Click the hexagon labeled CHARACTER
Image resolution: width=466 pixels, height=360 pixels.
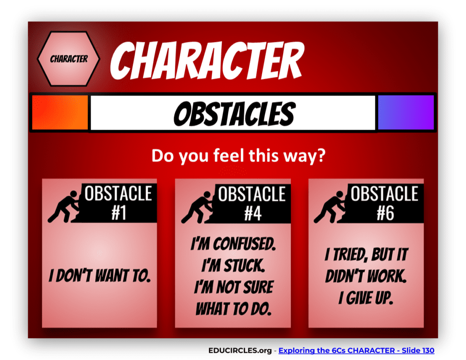point(69,59)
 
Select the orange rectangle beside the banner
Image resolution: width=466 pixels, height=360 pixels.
point(60,112)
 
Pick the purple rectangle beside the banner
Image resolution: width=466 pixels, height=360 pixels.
point(406,112)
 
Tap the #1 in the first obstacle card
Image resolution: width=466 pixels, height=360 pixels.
point(119,213)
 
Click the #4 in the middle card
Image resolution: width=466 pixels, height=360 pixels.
point(252,213)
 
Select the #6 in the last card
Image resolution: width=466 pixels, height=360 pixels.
point(385,213)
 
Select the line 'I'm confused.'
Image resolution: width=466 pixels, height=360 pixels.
point(233,245)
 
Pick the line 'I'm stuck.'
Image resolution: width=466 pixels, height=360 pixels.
point(233,265)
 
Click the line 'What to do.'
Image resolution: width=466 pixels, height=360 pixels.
point(233,309)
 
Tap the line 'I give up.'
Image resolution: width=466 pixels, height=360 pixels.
point(366,298)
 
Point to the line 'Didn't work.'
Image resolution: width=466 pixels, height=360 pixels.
point(366,276)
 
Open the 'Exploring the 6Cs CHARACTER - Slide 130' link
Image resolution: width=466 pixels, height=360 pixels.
point(356,350)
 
